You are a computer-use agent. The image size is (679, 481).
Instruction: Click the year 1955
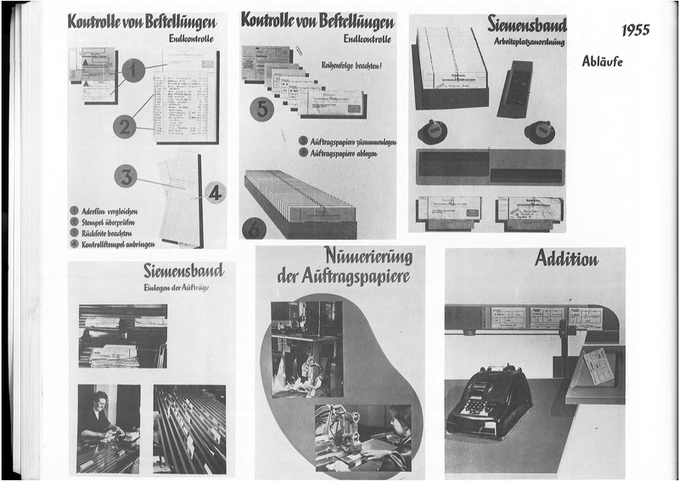click(635, 31)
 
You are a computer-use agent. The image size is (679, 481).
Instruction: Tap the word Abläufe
click(603, 61)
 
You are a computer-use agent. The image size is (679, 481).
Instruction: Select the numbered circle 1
click(133, 71)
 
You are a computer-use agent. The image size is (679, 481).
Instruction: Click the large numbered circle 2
click(125, 127)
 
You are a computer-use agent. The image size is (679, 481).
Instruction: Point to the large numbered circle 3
click(126, 176)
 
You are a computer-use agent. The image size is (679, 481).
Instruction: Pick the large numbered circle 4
click(216, 193)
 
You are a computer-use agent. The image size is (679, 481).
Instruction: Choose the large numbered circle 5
click(261, 109)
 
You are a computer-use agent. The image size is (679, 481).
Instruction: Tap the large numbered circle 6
click(254, 228)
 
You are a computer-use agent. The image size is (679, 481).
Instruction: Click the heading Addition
click(566, 258)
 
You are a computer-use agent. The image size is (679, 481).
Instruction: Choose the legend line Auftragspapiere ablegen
click(349, 153)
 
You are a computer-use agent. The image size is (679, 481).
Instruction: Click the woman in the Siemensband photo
click(98, 416)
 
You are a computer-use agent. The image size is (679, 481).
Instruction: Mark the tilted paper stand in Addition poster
click(598, 366)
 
